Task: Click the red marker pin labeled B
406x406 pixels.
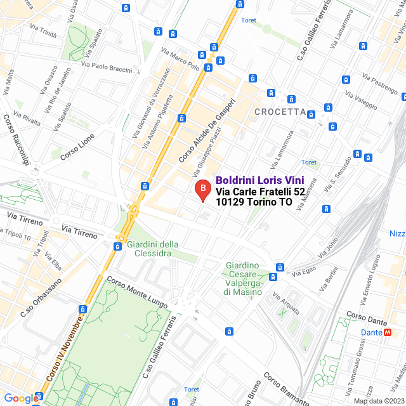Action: [202, 190]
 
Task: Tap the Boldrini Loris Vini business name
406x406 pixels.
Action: [261, 180]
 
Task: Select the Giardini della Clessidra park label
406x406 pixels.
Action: [153, 249]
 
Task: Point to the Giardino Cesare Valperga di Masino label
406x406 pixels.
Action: [242, 278]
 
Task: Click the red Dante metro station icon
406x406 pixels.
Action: [388, 332]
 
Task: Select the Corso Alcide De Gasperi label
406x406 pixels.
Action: [207, 129]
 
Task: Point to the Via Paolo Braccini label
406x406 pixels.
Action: [107, 67]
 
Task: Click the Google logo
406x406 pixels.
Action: [22, 398]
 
